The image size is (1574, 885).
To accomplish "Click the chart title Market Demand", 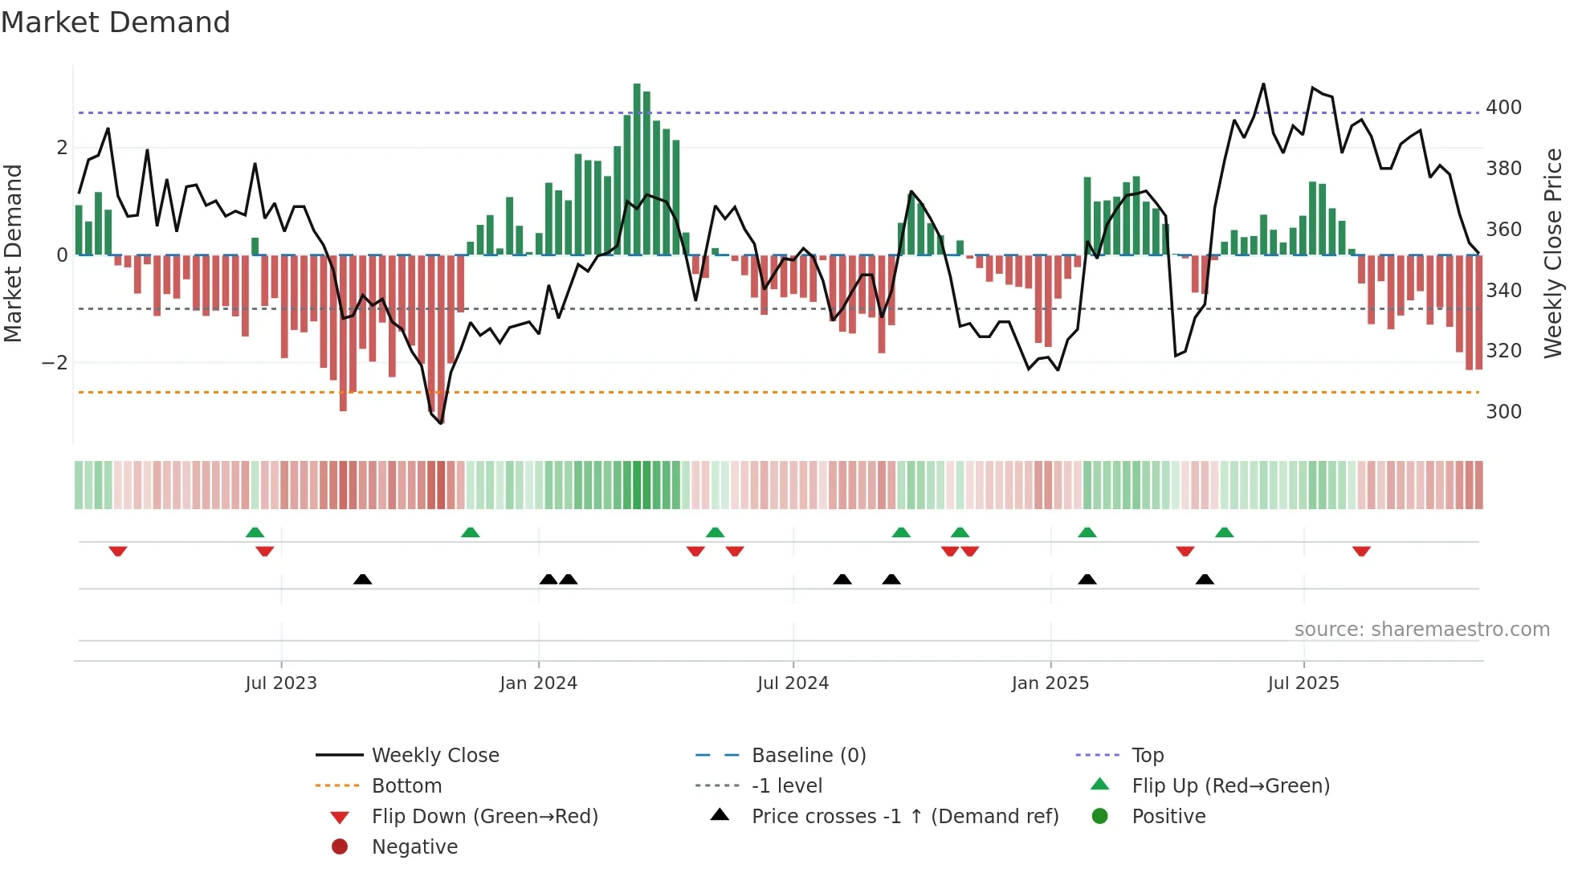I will (116, 22).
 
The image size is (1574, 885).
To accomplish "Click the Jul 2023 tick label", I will (281, 683).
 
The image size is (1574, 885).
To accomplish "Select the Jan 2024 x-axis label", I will (538, 683).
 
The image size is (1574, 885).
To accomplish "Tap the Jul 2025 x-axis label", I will (1303, 683).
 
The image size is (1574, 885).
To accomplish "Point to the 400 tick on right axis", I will (1503, 108).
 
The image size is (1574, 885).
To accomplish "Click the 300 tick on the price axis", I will (1503, 412).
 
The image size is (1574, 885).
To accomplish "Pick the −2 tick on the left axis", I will (55, 363).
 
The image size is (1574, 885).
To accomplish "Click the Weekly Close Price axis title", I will (1553, 253).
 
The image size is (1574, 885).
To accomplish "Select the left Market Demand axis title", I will (14, 253).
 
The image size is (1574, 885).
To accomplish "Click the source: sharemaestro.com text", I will (1421, 630).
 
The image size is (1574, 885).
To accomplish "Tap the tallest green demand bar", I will (637, 169).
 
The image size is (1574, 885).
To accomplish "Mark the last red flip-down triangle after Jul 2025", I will (1361, 551).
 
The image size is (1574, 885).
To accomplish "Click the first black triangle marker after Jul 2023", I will (363, 579).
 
